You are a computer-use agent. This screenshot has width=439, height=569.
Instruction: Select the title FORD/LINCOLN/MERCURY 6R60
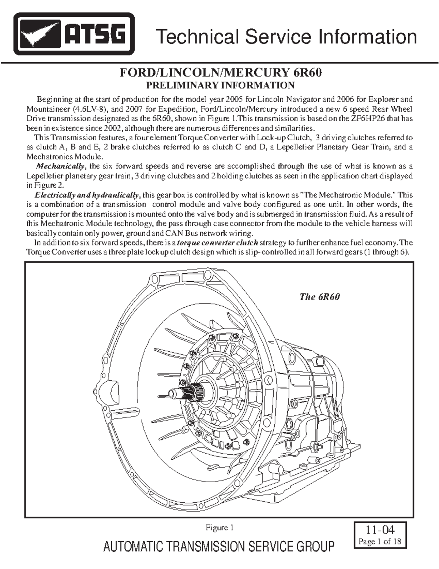[221, 73]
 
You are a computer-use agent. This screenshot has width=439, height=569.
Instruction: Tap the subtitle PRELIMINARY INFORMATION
[220, 85]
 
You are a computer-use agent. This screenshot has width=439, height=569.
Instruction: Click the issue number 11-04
[380, 529]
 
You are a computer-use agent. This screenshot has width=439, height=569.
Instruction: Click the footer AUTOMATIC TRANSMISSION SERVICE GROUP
[219, 547]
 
